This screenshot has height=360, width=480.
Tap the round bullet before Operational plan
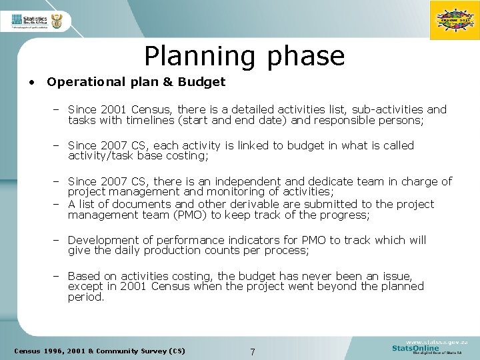[x=31, y=83]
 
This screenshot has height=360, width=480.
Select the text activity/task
[x=105, y=157]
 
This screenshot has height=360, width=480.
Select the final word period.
[x=86, y=298]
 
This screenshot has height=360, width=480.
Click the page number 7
[x=251, y=351]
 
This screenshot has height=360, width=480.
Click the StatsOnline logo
[x=417, y=347]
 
